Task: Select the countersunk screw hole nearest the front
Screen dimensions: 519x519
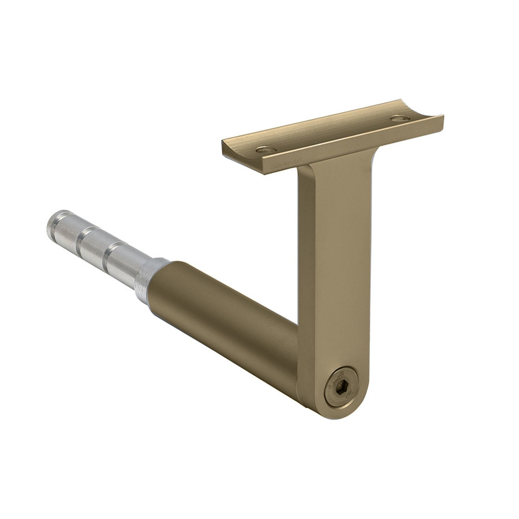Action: tap(266, 150)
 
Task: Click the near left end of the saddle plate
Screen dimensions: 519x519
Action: tap(228, 147)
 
